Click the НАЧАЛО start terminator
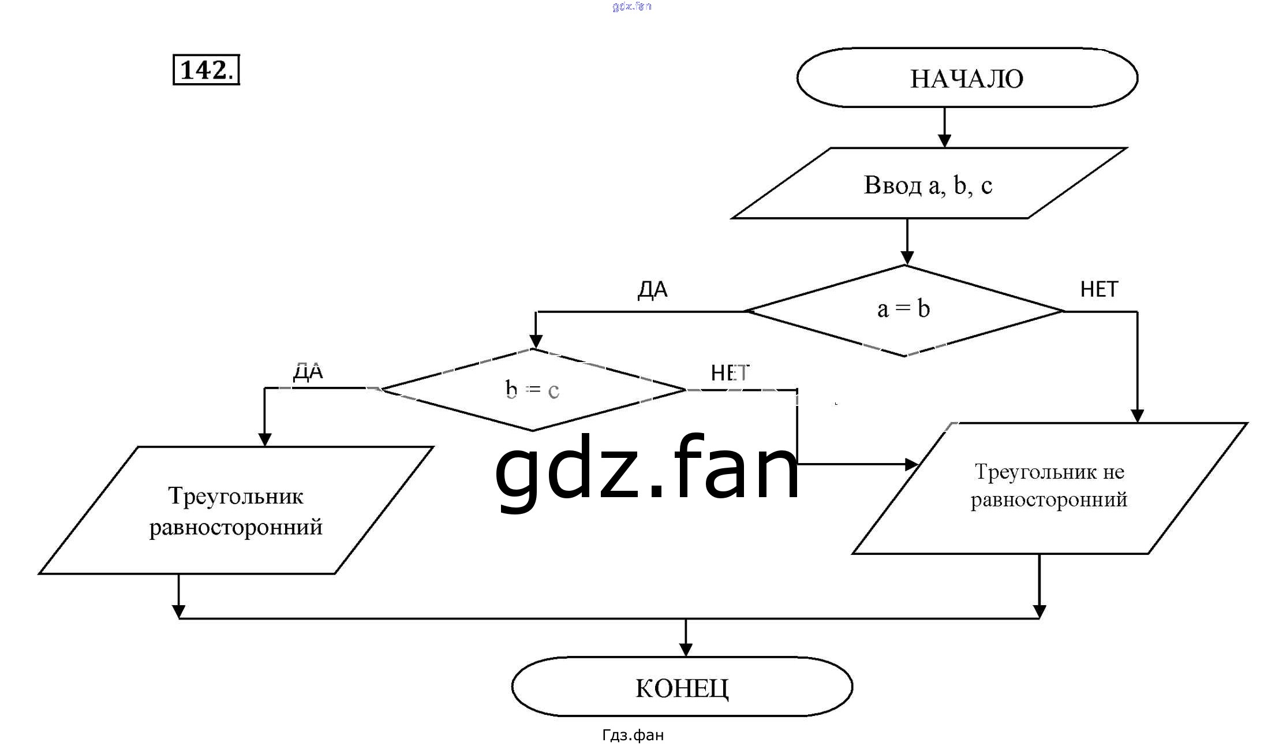[x=967, y=78]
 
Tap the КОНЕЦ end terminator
[x=682, y=687]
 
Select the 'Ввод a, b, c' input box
[x=928, y=184]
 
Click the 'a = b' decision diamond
[x=904, y=310]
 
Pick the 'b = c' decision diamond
[x=532, y=390]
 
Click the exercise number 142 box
[x=206, y=70]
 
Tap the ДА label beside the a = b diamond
[x=652, y=289]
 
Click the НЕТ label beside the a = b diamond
[x=1098, y=289]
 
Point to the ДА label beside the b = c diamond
[x=308, y=371]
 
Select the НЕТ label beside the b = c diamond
[x=730, y=373]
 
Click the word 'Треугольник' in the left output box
[x=235, y=496]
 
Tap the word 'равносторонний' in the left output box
[x=235, y=527]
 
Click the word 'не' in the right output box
[x=1113, y=472]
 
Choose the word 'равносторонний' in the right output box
[x=1048, y=499]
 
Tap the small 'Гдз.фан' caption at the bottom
[x=633, y=735]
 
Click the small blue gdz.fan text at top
[x=631, y=6]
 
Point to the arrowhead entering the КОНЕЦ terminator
[x=686, y=650]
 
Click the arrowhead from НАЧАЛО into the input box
[x=944, y=140]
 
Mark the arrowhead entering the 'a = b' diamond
[x=907, y=258]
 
